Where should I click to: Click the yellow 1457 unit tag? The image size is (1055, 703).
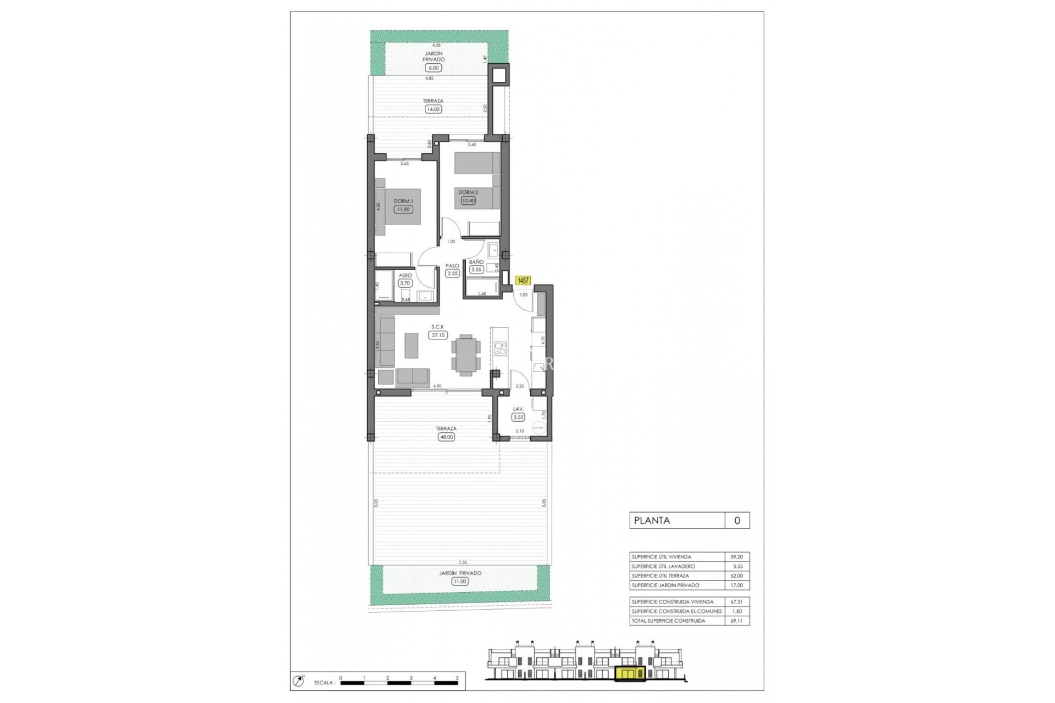coord(523,281)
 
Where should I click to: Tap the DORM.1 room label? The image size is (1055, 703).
coord(403,201)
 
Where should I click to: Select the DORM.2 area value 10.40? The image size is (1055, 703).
coord(468,200)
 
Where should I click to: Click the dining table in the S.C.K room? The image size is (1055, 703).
coord(466,355)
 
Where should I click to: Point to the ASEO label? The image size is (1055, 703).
coord(405,275)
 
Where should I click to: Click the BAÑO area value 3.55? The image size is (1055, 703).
coord(476,269)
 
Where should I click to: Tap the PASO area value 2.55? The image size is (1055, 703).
coord(452,273)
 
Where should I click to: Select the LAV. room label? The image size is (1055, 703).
coord(518,409)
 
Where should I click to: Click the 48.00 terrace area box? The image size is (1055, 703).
coord(446,437)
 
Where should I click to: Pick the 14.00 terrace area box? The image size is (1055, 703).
coord(433,109)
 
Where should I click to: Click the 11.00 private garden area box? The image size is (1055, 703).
coord(459,581)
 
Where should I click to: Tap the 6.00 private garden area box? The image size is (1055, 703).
coord(433,68)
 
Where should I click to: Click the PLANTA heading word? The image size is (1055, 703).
coord(652,521)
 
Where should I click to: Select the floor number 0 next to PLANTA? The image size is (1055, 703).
coord(737,521)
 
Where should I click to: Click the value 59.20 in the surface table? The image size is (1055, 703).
coord(736,557)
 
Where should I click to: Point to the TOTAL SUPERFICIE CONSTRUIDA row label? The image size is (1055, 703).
coord(668,621)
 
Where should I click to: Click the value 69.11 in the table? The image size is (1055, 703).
coord(736,621)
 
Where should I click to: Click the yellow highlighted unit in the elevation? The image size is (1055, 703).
coord(630,674)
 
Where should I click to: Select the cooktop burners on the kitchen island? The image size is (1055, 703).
coord(500,348)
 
